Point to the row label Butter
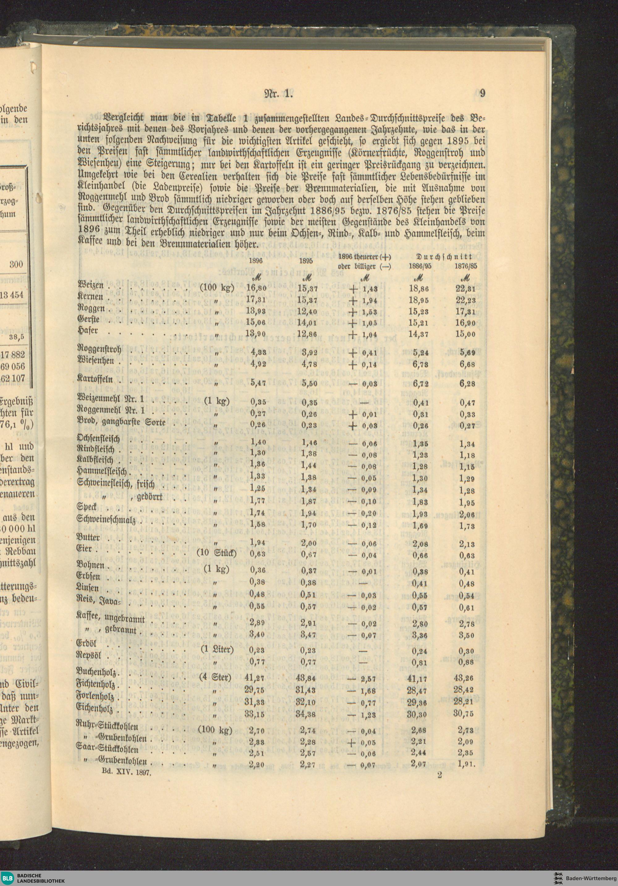[88, 537]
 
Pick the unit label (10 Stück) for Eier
[217, 553]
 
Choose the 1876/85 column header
[466, 266]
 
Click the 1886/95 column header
[420, 266]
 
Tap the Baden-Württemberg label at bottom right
[590, 876]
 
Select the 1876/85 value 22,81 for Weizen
[466, 289]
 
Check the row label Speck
[87, 507]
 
